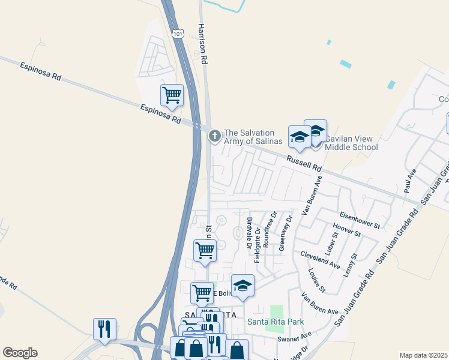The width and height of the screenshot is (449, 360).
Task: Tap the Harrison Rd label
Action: pyautogui.click(x=203, y=44)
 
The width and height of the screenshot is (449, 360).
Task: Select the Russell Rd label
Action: pyautogui.click(x=304, y=161)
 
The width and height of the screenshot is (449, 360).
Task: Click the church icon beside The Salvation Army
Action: pyautogui.click(x=214, y=137)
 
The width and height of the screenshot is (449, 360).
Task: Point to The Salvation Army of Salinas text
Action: pyautogui.click(x=252, y=137)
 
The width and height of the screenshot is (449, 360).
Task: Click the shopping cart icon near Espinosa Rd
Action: pyautogui.click(x=172, y=95)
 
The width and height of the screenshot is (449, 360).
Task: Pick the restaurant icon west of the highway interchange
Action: pyautogui.click(x=104, y=329)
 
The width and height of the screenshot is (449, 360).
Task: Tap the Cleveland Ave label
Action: pyautogui.click(x=320, y=259)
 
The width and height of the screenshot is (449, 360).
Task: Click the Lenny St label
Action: pyautogui.click(x=351, y=265)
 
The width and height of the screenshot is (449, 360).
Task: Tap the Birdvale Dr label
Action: pyautogui.click(x=248, y=232)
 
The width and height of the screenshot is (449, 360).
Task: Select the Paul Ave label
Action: pyautogui.click(x=411, y=181)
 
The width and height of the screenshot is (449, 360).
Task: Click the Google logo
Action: pyautogui.click(x=20, y=353)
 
